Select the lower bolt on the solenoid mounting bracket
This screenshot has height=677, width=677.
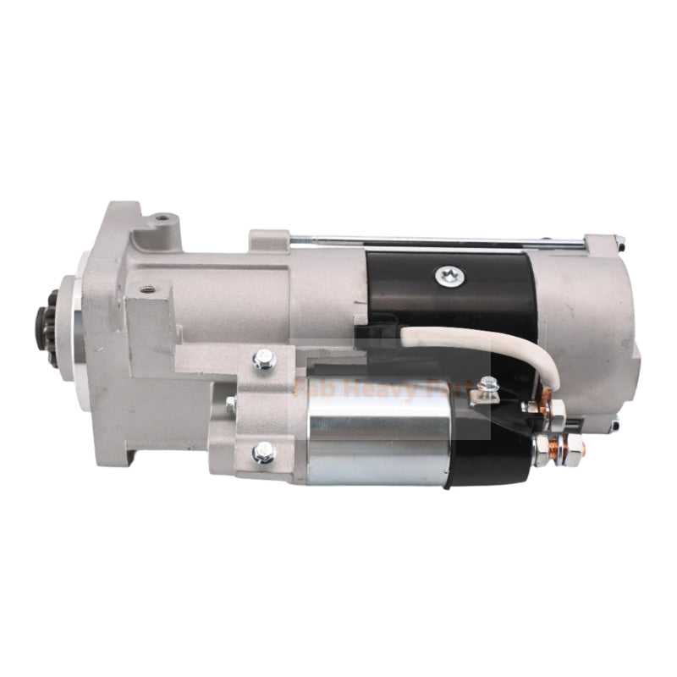pos(263,453)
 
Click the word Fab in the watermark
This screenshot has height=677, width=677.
pos(311,390)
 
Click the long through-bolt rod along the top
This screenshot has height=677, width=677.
pos(440,242)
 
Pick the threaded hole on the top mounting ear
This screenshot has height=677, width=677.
pos(161,223)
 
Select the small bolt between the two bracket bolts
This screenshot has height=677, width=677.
pos(230,405)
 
